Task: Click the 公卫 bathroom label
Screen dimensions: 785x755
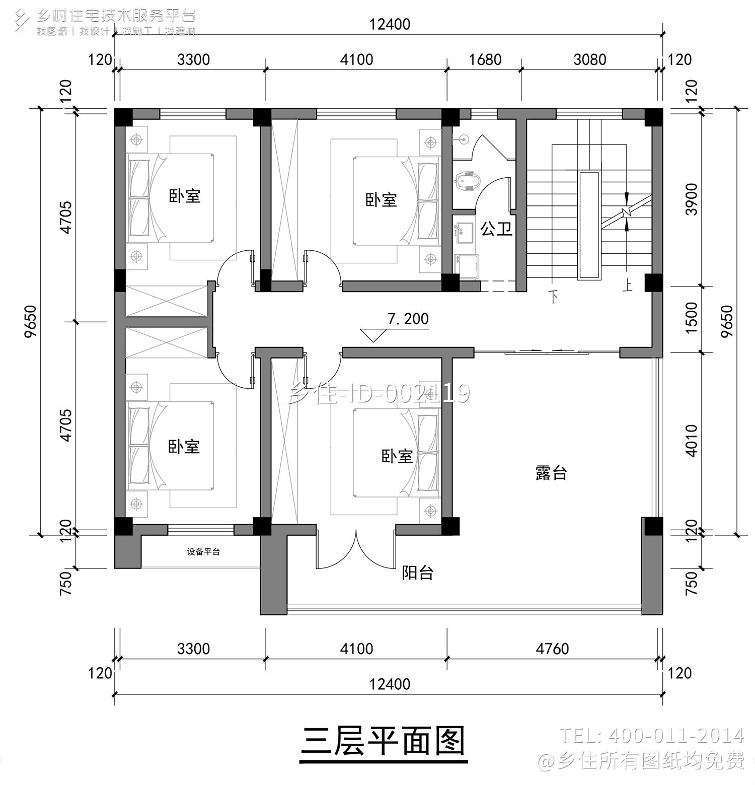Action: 496,230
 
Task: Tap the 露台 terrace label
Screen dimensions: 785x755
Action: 551,473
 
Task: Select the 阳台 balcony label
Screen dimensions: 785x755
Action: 417,573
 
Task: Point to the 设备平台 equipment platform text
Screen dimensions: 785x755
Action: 203,552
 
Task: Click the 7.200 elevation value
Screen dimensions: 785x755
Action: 408,319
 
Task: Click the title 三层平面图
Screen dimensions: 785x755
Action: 383,740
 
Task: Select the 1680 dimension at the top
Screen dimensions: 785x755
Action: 485,59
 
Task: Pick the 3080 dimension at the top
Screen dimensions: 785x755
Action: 589,59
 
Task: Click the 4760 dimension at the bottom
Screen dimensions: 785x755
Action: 552,648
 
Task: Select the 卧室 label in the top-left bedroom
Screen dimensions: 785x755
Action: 185,196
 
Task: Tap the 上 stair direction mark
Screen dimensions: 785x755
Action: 627,286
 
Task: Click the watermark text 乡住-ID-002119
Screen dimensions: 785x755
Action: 379,393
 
